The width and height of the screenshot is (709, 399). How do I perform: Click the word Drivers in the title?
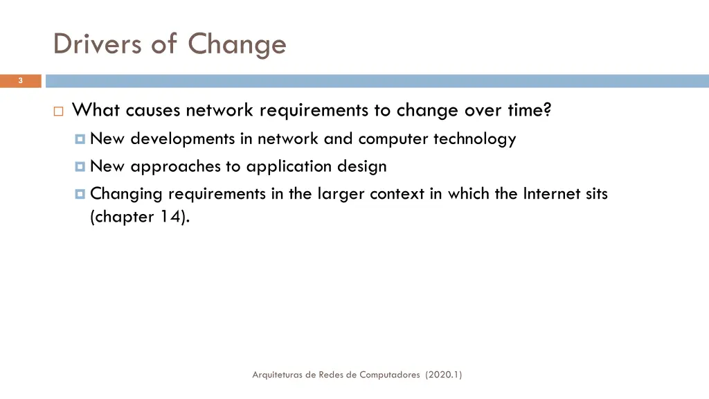tap(96, 44)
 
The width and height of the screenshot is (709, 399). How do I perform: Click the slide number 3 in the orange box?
tap(20, 81)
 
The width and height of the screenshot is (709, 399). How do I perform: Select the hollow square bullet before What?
tap(58, 112)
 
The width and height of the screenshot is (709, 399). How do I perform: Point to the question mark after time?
tap(547, 110)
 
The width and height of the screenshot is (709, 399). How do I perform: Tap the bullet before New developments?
tap(80, 139)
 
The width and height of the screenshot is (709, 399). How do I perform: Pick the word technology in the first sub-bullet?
tap(474, 139)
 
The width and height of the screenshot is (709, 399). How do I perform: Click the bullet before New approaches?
tap(80, 167)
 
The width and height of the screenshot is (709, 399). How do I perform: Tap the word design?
tap(362, 167)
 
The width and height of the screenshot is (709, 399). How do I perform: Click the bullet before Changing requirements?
tap(80, 195)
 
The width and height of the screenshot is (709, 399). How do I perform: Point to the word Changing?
tap(127, 195)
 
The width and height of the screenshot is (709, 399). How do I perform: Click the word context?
tap(397, 194)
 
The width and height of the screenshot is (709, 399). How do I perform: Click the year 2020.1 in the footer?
tap(444, 375)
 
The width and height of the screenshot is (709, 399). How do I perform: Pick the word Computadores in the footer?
tap(389, 375)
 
